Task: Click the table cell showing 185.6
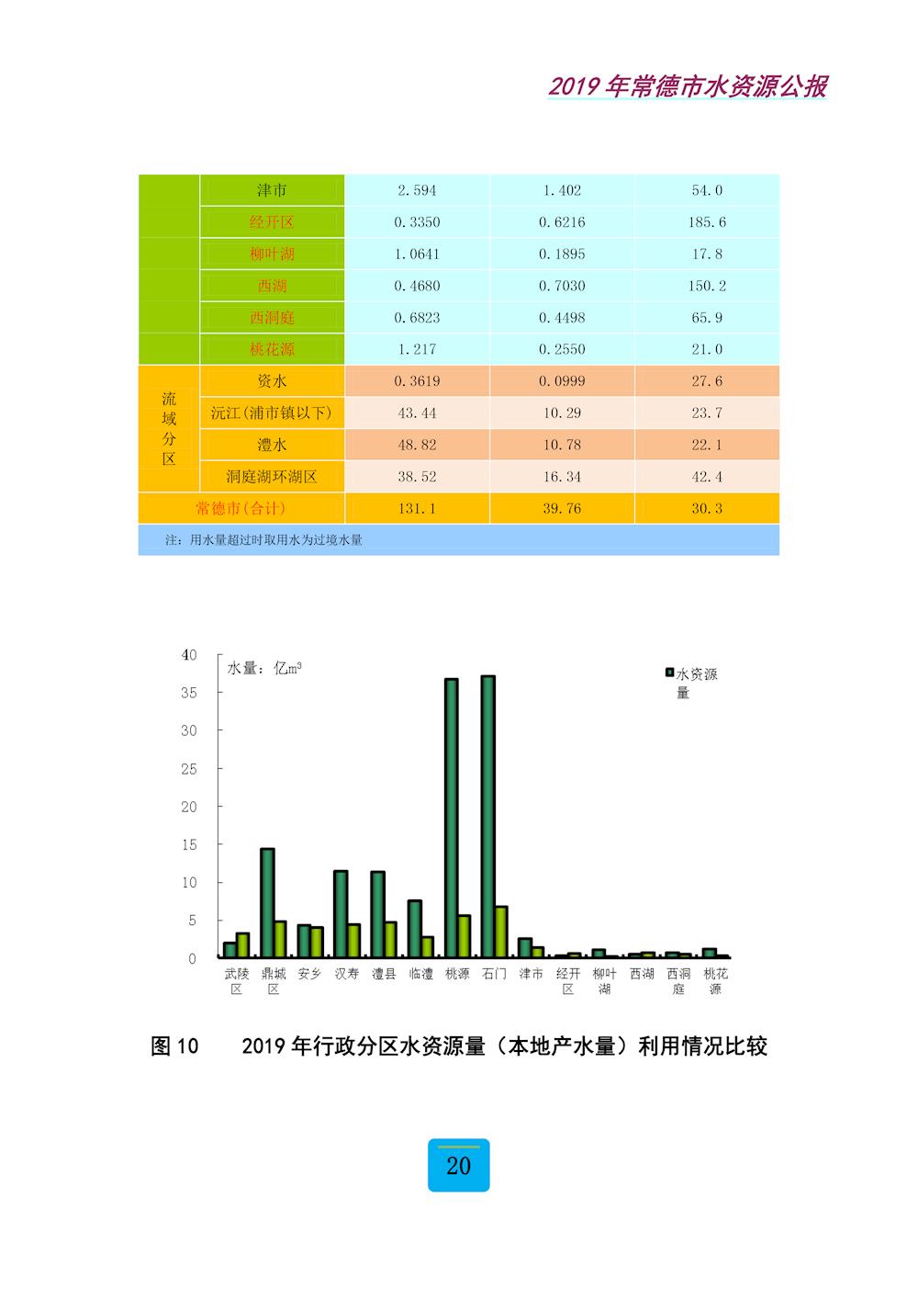pyautogui.click(x=707, y=222)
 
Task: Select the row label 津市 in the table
pyautogui.click(x=272, y=190)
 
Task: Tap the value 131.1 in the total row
pyautogui.click(x=417, y=508)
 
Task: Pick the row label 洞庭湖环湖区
pyautogui.click(x=272, y=477)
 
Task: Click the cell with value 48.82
pyautogui.click(x=417, y=445)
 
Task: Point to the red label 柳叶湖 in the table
pyautogui.click(x=272, y=254)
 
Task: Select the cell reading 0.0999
pyautogui.click(x=562, y=381)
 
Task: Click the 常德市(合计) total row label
pyautogui.click(x=241, y=508)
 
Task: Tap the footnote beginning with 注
pyautogui.click(x=263, y=540)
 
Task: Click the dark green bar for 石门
pyautogui.click(x=488, y=817)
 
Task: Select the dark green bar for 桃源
pyautogui.click(x=452, y=818)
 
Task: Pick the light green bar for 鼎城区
pyautogui.click(x=280, y=939)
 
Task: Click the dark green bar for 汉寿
pyautogui.click(x=341, y=914)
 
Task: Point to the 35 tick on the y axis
pyautogui.click(x=188, y=693)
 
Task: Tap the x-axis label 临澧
pyautogui.click(x=420, y=974)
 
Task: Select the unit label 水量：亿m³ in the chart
pyautogui.click(x=264, y=668)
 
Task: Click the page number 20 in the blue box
pyautogui.click(x=459, y=1166)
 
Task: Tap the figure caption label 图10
pyautogui.click(x=174, y=1046)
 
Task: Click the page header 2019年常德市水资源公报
pyautogui.click(x=688, y=86)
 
